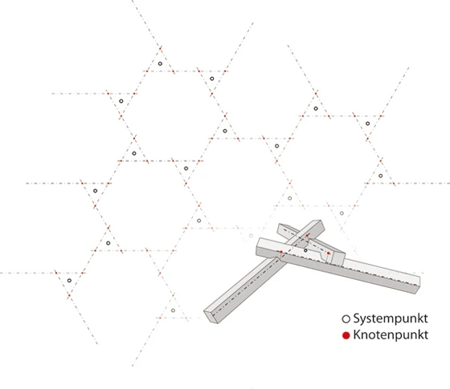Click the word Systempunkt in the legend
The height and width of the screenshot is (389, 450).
[x=391, y=318]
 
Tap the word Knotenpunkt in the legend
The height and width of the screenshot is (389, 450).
[x=391, y=335]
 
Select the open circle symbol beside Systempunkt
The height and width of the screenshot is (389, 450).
[x=346, y=319]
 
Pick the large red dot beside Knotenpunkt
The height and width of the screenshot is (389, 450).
[x=346, y=335]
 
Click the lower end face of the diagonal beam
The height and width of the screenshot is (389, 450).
[x=211, y=317]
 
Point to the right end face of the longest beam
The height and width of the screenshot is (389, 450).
[x=418, y=286]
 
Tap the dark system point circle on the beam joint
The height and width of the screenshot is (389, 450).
[x=305, y=250]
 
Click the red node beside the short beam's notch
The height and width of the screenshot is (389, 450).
[x=329, y=253]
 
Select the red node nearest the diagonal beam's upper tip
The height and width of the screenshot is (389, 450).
[x=307, y=236]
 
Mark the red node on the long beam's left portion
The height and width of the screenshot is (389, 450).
[x=281, y=252]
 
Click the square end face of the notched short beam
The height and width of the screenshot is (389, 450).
[x=338, y=258]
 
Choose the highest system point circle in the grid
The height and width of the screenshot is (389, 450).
[x=160, y=63]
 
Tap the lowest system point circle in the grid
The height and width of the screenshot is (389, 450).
[x=173, y=310]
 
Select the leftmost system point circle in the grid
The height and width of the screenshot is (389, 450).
[x=69, y=281]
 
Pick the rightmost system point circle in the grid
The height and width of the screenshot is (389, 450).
[x=381, y=176]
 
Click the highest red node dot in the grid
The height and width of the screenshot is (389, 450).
[x=160, y=49]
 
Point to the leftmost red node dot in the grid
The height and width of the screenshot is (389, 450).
[x=56, y=273]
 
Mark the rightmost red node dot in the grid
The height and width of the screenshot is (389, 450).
[x=394, y=184]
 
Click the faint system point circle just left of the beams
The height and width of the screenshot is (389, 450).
[x=251, y=236]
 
